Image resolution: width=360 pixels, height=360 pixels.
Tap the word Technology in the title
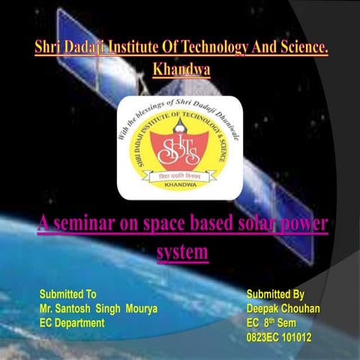[214, 49]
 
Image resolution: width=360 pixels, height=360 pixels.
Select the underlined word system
[181, 252]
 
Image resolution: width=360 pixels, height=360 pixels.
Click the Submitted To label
[67, 294]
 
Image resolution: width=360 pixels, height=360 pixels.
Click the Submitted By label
[275, 294]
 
